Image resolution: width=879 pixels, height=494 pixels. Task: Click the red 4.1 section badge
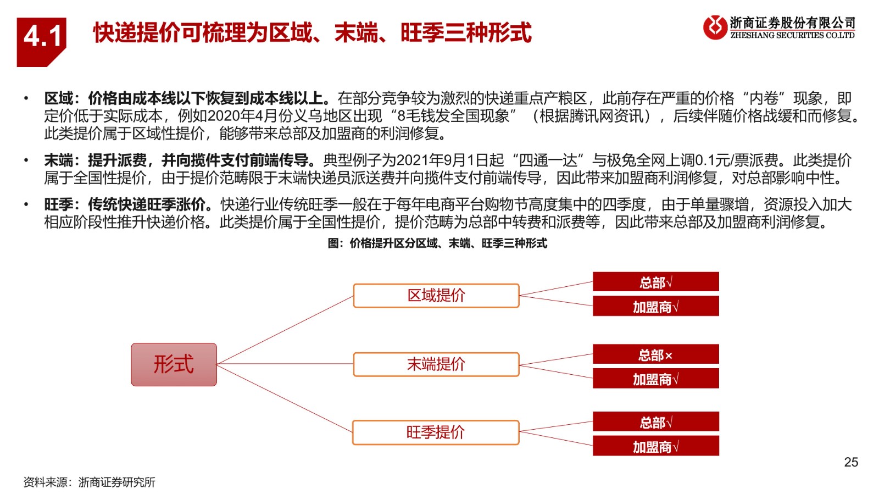tap(41, 42)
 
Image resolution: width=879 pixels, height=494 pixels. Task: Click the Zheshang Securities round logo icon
tap(715, 27)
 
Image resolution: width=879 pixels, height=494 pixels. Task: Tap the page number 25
tap(851, 462)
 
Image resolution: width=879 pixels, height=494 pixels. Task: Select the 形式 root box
tap(174, 364)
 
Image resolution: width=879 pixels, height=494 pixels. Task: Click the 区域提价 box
tap(436, 296)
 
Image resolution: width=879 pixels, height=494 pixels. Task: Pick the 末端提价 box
tap(436, 364)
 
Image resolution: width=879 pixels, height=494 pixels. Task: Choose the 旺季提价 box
tap(436, 432)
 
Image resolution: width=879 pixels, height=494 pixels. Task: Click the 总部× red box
tap(656, 354)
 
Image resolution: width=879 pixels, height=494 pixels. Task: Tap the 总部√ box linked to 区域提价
tap(656, 282)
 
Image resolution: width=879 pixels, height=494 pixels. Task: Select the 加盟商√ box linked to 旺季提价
tap(656, 446)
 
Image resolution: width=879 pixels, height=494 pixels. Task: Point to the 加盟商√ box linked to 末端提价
tap(656, 378)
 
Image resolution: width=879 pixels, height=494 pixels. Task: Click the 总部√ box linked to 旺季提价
tap(656, 421)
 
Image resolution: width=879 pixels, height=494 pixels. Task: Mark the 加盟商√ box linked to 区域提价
tap(656, 306)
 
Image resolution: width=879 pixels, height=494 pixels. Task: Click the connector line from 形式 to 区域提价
tap(285, 330)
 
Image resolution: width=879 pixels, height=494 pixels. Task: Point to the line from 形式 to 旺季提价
tap(285, 398)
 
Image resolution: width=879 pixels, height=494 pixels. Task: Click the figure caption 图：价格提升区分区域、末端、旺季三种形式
tap(437, 243)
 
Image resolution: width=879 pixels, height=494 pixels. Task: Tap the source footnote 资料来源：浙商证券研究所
tap(90, 482)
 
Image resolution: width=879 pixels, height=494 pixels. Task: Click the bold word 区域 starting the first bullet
tap(58, 98)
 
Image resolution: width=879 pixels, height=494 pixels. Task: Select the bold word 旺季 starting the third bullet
tap(58, 204)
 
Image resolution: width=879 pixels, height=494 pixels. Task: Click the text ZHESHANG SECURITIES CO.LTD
tap(792, 35)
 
